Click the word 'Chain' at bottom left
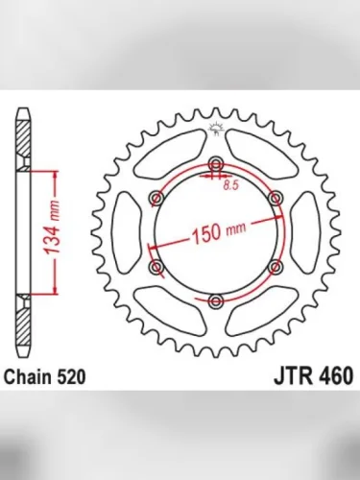pyautogui.click(x=32, y=377)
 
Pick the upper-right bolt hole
pyautogui.click(x=276, y=197)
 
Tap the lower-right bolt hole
pyautogui.click(x=276, y=267)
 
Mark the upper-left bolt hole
pyautogui.click(x=154, y=197)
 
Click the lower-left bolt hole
pyautogui.click(x=154, y=267)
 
